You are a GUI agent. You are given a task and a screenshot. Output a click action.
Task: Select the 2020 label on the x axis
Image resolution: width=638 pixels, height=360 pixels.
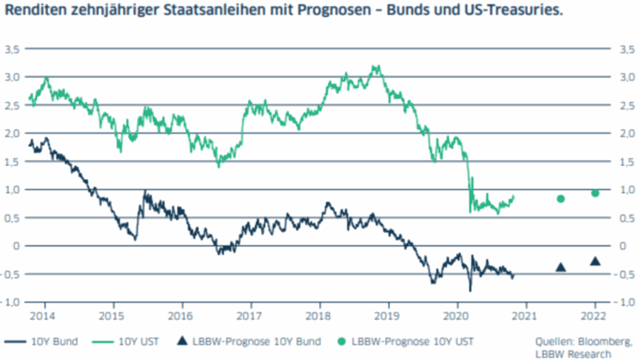(457, 314)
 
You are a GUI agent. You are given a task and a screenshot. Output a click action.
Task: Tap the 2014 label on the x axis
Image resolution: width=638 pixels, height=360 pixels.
(44, 314)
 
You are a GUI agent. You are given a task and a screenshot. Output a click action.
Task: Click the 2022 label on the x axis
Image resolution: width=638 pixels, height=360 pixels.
(595, 314)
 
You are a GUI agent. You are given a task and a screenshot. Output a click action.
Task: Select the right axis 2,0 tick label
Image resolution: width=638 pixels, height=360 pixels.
(626, 133)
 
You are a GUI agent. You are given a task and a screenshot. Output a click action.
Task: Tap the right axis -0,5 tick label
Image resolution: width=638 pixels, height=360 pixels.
(624, 274)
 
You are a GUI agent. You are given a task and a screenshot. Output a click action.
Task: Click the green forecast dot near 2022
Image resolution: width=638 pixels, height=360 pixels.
(595, 193)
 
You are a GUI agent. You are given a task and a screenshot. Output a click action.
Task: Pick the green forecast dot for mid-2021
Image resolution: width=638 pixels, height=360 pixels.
(561, 198)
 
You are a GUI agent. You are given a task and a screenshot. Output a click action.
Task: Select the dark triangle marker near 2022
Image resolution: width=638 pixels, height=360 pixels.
(595, 261)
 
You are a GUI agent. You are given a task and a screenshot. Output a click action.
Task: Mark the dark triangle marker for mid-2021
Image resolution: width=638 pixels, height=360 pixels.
(561, 267)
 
